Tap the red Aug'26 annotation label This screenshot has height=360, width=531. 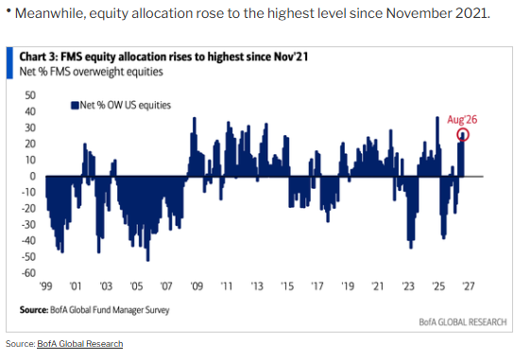[462, 120]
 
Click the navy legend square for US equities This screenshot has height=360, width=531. [75, 105]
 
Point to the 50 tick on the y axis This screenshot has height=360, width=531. [30, 95]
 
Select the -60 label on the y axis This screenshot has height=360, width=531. [28, 273]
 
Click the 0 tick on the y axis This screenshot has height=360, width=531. [32, 176]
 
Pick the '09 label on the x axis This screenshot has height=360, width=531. [197, 286]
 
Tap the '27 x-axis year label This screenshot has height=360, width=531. [469, 286]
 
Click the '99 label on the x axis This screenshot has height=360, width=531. [45, 286]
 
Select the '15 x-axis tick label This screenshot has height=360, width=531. [287, 286]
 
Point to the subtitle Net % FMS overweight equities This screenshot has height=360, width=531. [91, 72]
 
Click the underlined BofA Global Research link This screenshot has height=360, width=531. [80, 344]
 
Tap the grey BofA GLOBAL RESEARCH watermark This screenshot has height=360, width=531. [463, 322]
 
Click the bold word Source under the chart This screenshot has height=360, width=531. [33, 310]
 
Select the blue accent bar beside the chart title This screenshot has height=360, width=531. [9, 63]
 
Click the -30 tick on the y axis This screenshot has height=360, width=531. [28, 225]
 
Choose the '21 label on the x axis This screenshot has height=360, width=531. [378, 286]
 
